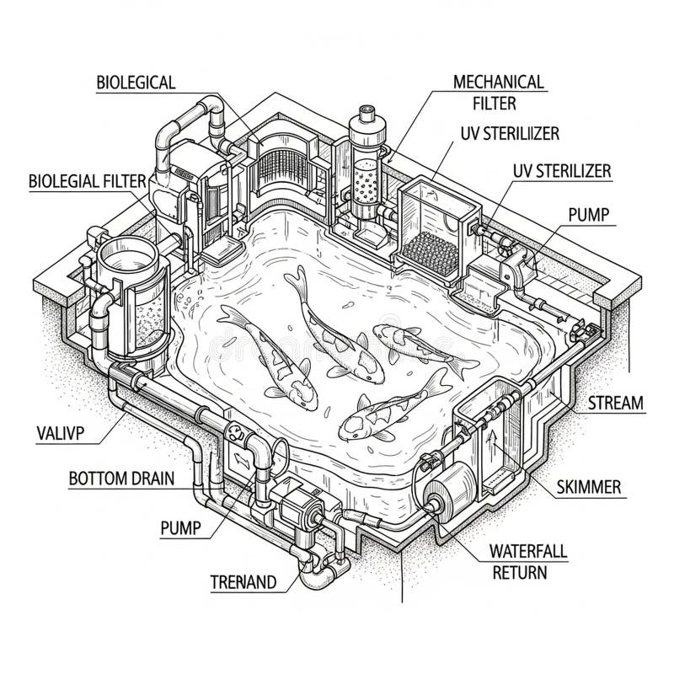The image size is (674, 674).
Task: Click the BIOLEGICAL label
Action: (x=136, y=83)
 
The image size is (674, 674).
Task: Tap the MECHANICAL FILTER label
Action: (x=499, y=93)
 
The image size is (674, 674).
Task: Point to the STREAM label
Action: (x=615, y=403)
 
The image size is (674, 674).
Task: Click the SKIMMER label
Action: (x=590, y=487)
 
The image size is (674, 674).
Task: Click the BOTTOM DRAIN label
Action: (x=121, y=479)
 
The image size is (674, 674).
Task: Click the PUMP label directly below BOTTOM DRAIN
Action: (x=180, y=528)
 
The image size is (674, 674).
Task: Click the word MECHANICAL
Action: (x=499, y=83)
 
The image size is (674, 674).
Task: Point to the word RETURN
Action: (x=518, y=573)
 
